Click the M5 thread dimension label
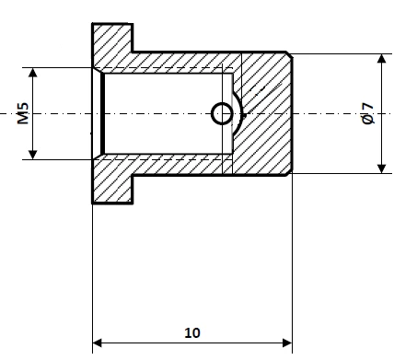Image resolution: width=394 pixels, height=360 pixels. (23, 113)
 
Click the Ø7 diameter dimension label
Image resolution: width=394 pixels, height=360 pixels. (367, 114)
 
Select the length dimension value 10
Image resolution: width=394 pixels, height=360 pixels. (192, 332)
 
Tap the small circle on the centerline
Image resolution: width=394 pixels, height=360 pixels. (222, 114)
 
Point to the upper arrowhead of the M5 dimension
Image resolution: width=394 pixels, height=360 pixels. (33, 73)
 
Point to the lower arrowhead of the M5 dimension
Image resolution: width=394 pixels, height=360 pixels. (33, 155)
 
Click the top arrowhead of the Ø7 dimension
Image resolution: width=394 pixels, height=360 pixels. (381, 59)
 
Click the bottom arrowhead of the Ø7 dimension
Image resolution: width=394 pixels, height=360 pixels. (381, 168)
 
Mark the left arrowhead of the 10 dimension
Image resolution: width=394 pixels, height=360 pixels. (98, 343)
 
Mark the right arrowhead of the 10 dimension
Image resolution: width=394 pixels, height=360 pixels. (287, 343)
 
